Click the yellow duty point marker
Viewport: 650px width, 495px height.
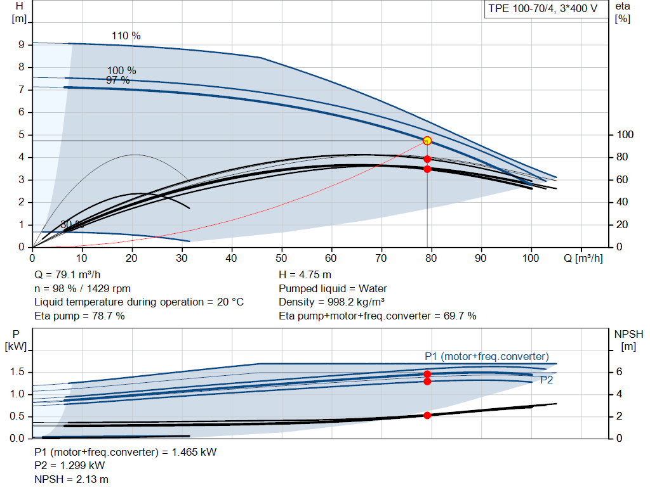[x=427, y=141]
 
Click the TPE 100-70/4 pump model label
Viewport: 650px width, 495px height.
[x=543, y=10]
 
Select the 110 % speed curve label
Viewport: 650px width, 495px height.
[x=126, y=36]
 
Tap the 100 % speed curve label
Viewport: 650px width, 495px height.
[x=121, y=70]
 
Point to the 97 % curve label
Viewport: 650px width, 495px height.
[x=118, y=80]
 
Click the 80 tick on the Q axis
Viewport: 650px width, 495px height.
[x=431, y=259]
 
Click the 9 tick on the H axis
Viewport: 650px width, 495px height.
[x=21, y=45]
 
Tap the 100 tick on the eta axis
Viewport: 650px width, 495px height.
[x=625, y=135]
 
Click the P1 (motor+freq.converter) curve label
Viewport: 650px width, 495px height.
[x=487, y=356]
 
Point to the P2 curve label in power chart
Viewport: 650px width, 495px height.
[x=547, y=380]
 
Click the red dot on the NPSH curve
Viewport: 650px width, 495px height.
[x=427, y=415]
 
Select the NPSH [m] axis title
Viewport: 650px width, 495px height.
[x=628, y=340]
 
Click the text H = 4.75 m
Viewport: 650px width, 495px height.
[x=305, y=275]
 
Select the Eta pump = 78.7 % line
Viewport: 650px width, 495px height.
[x=79, y=316]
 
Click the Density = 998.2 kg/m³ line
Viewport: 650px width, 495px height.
[x=332, y=302]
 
